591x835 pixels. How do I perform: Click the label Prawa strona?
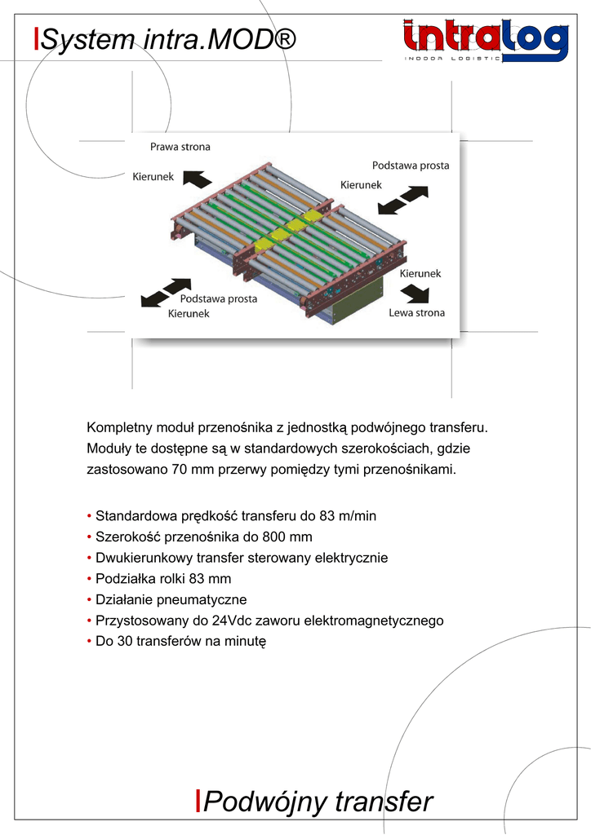click(180, 147)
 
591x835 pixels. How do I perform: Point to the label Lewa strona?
click(416, 312)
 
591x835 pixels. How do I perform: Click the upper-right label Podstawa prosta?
click(411, 166)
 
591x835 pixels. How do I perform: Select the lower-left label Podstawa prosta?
click(218, 298)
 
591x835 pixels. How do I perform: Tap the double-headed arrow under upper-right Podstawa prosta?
click(405, 199)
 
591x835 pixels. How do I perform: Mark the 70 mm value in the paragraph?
click(189, 470)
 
